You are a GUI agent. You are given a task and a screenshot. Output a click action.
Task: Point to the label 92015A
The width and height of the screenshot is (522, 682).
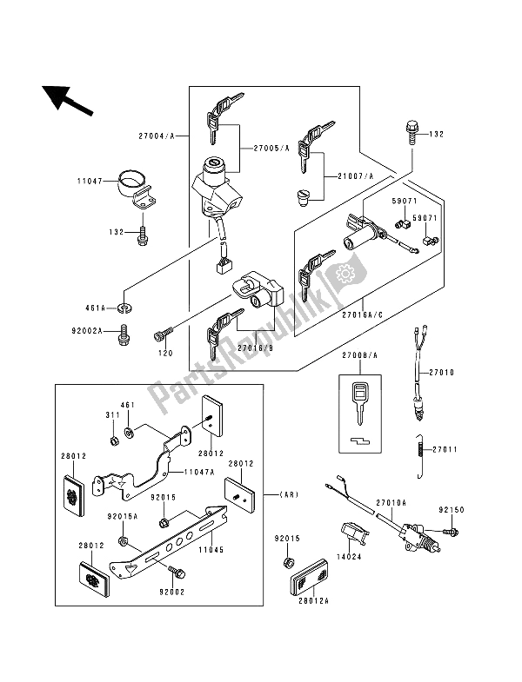121,515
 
